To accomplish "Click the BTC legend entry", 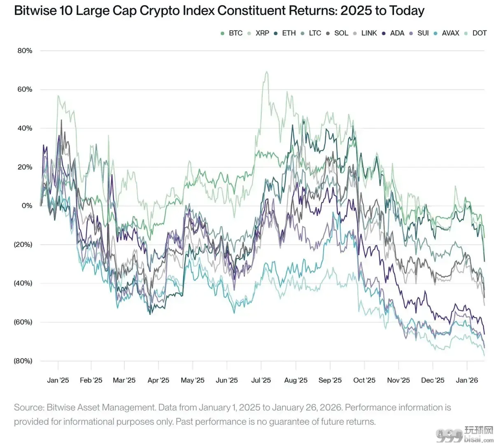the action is tap(231, 33).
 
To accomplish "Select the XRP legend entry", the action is tap(258, 33).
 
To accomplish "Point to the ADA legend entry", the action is tap(393, 33).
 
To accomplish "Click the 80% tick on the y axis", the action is tap(25, 51).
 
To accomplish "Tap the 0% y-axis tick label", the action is tap(27, 206).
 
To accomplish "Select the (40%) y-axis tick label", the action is tap(23, 284).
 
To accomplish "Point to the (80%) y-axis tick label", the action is tap(23, 361).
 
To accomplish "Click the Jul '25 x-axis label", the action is tap(261, 380).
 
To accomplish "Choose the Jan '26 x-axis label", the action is tap(467, 380).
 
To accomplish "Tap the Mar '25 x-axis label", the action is tap(124, 380).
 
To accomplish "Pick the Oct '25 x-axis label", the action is tap(364, 380).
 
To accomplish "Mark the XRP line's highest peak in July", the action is tap(266, 72).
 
